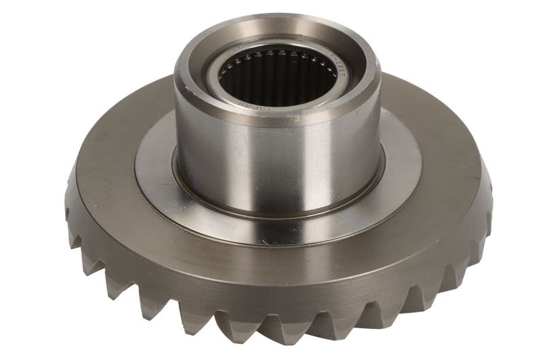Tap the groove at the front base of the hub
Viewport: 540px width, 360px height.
tap(277, 215)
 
